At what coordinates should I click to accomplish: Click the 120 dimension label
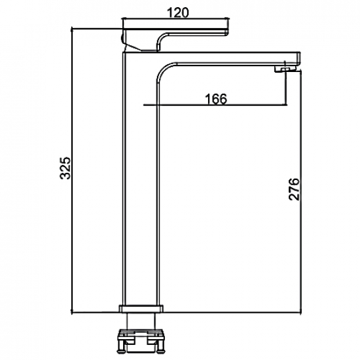(x=177, y=12)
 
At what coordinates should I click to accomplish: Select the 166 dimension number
(x=216, y=99)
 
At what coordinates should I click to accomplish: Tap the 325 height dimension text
(x=65, y=168)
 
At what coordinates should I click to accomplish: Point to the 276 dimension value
(x=294, y=189)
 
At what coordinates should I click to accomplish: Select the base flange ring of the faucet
(x=141, y=148)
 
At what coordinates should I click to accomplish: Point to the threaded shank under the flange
(x=141, y=321)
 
